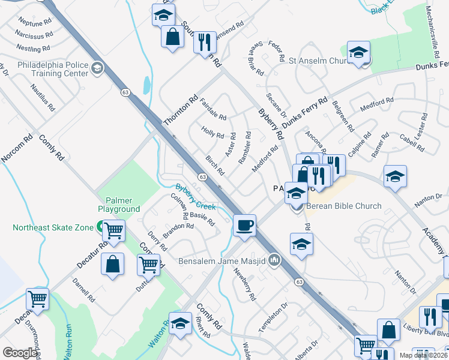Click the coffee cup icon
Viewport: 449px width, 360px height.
[x=244, y=226]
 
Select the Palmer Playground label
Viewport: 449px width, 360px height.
[x=122, y=205]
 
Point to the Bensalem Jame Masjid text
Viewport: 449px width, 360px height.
[x=223, y=261]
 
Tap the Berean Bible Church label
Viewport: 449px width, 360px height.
[x=343, y=206]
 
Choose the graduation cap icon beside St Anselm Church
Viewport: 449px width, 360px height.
[x=358, y=53]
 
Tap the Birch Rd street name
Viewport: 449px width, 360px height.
[x=215, y=167]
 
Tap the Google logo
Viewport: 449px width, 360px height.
[x=20, y=353]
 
